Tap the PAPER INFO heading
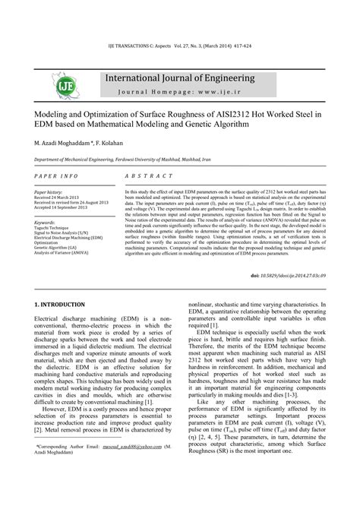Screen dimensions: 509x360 [56, 175]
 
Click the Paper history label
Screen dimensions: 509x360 [49, 193]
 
